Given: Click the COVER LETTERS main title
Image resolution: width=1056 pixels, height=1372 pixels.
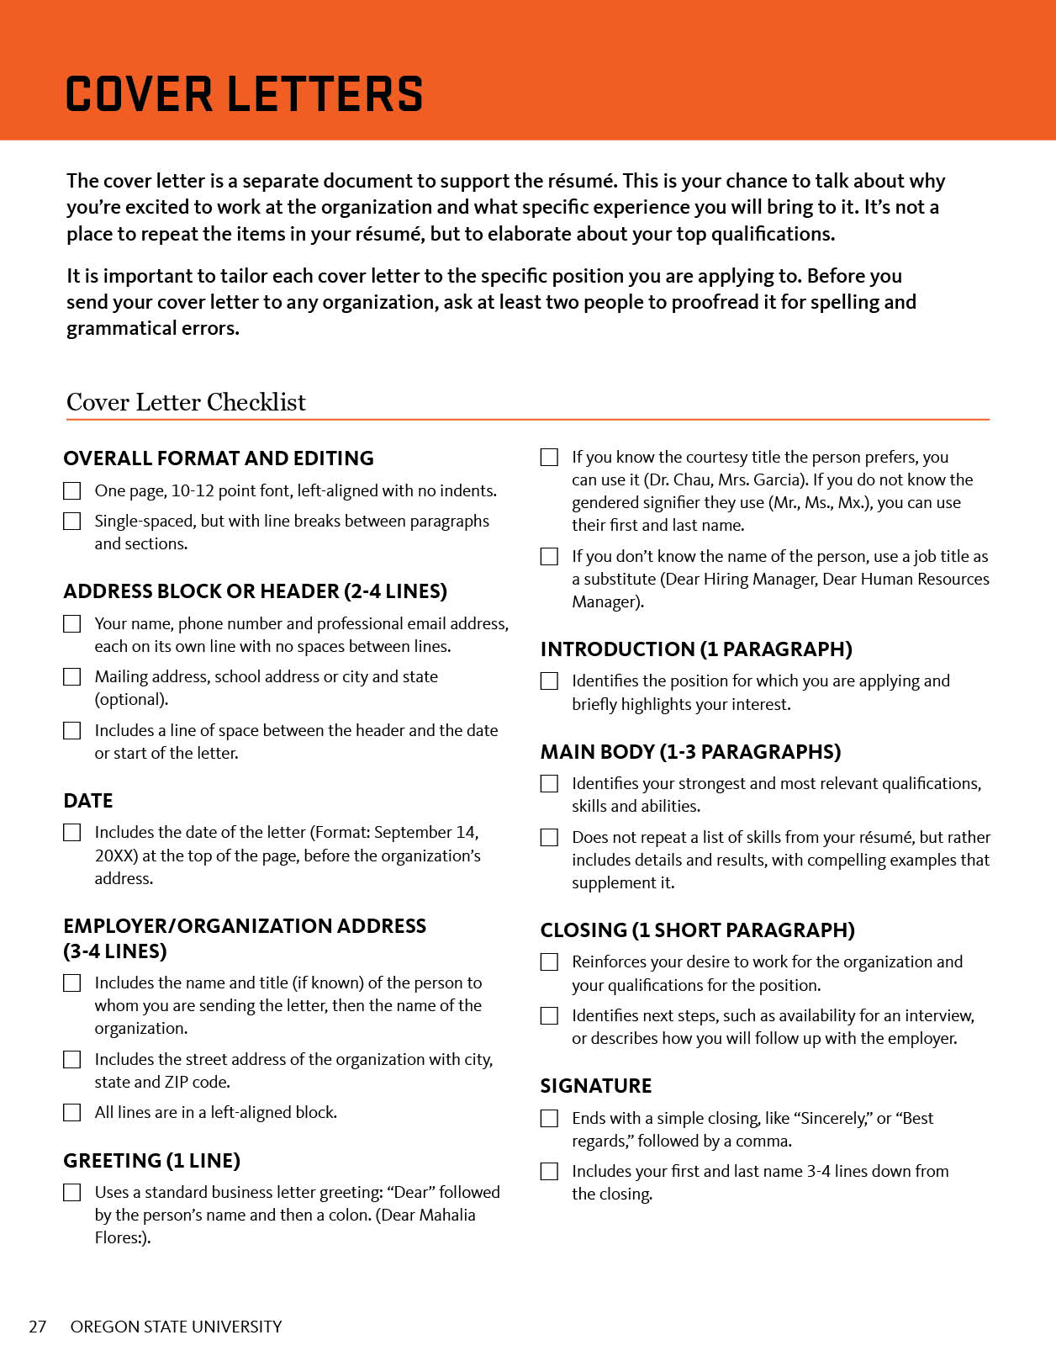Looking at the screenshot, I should click(x=244, y=93).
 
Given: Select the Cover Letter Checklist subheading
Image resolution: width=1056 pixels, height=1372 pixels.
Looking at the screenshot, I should click(x=186, y=402).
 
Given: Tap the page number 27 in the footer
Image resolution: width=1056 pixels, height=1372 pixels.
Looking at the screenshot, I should click(x=38, y=1327).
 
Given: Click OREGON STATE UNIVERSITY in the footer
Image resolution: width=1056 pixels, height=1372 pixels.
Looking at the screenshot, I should click(x=176, y=1327).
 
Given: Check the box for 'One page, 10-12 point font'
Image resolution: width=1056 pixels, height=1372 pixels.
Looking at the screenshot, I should click(x=72, y=490).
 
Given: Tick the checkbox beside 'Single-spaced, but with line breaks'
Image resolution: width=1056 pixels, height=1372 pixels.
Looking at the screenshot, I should click(x=72, y=522).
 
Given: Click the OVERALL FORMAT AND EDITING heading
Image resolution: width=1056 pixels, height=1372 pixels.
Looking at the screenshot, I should click(x=219, y=458).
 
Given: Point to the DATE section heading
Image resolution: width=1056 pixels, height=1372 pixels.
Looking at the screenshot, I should click(x=88, y=801).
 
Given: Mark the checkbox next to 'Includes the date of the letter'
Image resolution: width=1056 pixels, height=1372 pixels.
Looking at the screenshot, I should click(x=72, y=833).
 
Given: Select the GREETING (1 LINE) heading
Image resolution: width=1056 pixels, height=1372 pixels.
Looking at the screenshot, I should click(x=152, y=1161).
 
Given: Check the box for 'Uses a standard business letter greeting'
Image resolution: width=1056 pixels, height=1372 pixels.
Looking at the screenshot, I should click(x=72, y=1193).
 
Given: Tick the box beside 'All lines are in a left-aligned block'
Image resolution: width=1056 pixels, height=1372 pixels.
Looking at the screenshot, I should click(x=72, y=1113).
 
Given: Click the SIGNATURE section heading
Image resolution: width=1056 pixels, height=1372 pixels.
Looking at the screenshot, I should click(x=596, y=1086).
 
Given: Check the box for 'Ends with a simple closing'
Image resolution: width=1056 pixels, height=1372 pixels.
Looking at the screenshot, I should click(x=549, y=1119).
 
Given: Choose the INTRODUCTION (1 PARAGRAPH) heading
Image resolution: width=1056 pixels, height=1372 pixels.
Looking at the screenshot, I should click(x=696, y=649).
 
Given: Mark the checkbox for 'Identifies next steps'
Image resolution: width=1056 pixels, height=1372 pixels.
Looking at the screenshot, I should click(x=549, y=1016).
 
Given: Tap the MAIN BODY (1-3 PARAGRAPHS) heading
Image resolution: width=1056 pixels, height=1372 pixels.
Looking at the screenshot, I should click(x=690, y=752).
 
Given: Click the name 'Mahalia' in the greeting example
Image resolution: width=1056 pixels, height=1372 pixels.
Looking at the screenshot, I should click(x=446, y=1215).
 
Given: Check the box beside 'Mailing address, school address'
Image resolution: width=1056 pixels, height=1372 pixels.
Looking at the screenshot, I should click(x=72, y=677).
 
